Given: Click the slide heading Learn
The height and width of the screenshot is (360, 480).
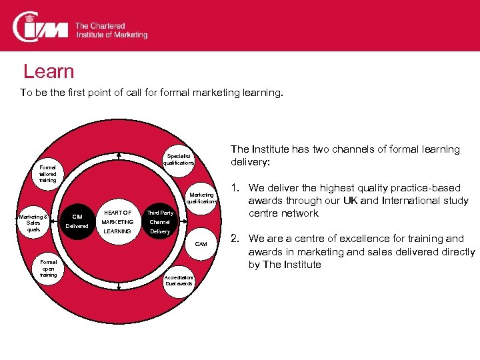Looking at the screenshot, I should tap(49, 72).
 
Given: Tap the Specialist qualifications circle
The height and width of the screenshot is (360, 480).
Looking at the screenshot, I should tap(179, 158).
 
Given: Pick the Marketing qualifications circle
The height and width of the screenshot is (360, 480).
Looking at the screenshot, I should tap(201, 197).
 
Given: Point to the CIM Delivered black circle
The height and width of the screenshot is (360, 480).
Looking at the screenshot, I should tap(77, 221).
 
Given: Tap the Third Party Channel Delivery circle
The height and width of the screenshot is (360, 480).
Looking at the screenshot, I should tap(160, 222).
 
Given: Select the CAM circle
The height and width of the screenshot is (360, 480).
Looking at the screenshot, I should tap(201, 244).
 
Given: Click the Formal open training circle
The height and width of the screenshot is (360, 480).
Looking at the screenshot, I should tap(48, 268).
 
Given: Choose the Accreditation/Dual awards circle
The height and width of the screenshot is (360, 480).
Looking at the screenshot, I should tap(179, 280).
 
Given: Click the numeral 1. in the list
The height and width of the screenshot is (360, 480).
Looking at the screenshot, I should tap(235, 188).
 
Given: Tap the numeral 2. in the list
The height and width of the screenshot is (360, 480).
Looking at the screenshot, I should tap(235, 238).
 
